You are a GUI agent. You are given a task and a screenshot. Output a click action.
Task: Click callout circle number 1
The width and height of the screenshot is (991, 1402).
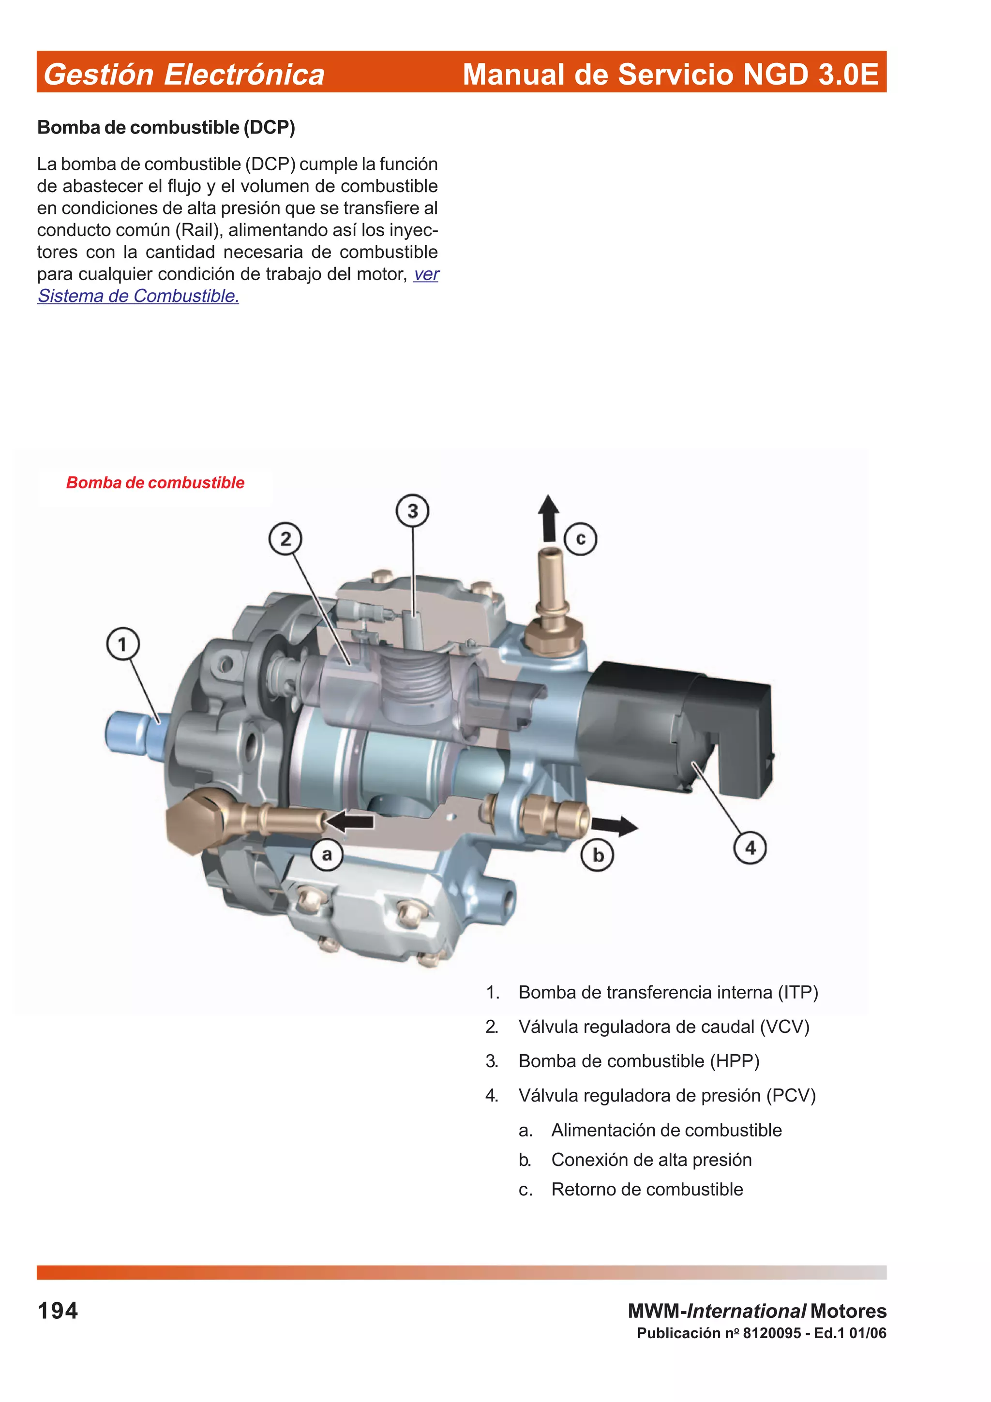123,644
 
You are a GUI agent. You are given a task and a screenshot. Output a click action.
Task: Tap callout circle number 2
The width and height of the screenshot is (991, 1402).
285,539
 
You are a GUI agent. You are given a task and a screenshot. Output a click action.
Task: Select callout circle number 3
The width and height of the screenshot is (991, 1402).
413,510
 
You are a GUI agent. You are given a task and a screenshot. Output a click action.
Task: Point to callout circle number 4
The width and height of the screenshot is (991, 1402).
750,848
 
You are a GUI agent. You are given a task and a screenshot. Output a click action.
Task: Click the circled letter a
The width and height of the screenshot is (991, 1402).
327,854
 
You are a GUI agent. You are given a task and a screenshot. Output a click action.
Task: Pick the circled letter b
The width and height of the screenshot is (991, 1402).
598,855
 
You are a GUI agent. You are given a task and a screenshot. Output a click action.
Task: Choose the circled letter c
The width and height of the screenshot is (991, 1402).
581,538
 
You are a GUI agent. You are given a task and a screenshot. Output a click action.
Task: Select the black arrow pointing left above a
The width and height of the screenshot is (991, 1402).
350,821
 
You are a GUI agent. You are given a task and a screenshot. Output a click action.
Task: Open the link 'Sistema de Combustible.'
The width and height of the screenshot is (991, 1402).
138,296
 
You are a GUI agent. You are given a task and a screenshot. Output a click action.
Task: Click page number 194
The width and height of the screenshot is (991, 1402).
58,1311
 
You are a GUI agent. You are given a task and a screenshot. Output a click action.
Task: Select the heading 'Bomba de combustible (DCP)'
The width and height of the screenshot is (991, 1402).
166,128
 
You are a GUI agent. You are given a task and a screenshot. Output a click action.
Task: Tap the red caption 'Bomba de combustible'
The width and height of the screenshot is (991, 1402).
155,482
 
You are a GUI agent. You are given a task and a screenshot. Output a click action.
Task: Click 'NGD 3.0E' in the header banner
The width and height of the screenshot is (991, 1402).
810,75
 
